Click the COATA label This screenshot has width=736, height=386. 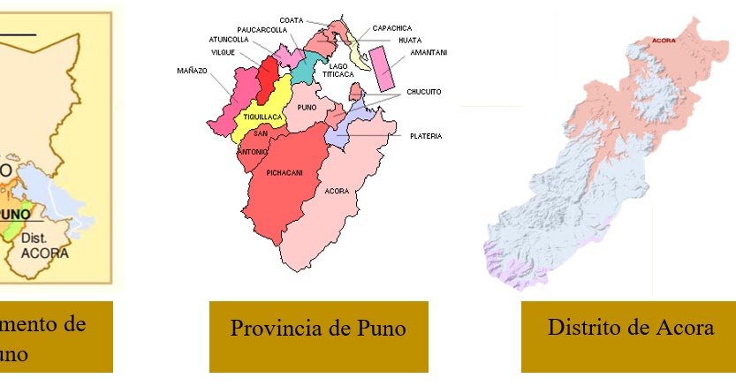point(292,19)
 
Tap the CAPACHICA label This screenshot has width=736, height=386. point(392,28)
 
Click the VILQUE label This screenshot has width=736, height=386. point(223,52)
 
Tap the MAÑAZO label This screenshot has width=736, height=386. point(193,70)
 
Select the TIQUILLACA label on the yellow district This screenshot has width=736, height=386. point(263,117)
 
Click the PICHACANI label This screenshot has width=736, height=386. point(285,173)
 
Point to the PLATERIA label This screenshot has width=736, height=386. point(425,136)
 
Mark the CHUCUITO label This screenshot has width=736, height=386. point(423,92)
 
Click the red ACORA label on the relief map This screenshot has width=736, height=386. point(663,41)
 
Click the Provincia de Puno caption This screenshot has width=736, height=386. point(318,329)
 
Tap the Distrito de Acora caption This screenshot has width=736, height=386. point(630,327)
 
